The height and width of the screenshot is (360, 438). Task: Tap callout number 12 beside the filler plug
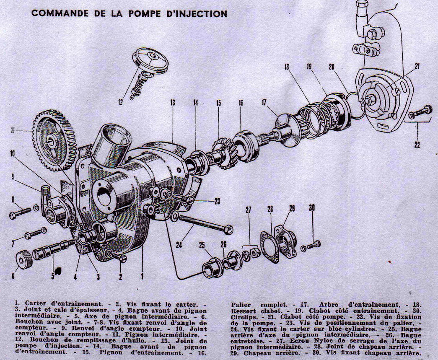[x=121, y=101]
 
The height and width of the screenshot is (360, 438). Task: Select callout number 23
[x=217, y=201]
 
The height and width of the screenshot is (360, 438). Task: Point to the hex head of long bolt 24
[x=228, y=230]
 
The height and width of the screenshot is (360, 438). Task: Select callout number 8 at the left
[x=13, y=199]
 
